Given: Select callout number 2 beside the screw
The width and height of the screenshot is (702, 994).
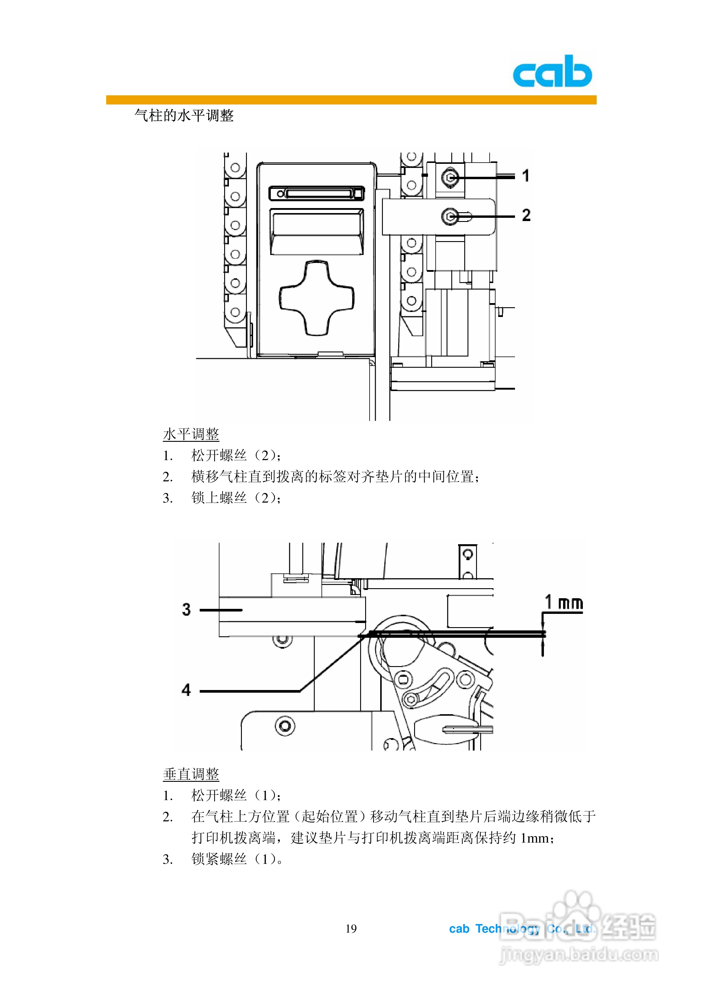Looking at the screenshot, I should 526,215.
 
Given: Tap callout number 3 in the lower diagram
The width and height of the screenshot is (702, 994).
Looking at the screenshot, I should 186,609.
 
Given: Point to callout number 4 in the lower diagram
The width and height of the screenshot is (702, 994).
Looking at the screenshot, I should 186,690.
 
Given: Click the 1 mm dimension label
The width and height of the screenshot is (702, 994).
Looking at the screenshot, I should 563,602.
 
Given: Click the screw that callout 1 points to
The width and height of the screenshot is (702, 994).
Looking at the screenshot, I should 450,177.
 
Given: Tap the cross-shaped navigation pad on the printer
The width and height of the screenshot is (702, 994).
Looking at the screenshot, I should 317,298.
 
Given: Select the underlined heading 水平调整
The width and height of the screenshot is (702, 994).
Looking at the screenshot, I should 191,434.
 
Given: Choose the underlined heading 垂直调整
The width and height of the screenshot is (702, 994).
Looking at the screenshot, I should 191,774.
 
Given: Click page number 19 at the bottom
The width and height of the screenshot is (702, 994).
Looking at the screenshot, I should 351,928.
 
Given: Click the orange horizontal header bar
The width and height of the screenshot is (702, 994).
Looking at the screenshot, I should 351,100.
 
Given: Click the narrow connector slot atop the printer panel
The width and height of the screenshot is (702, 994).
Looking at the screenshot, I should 317,193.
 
